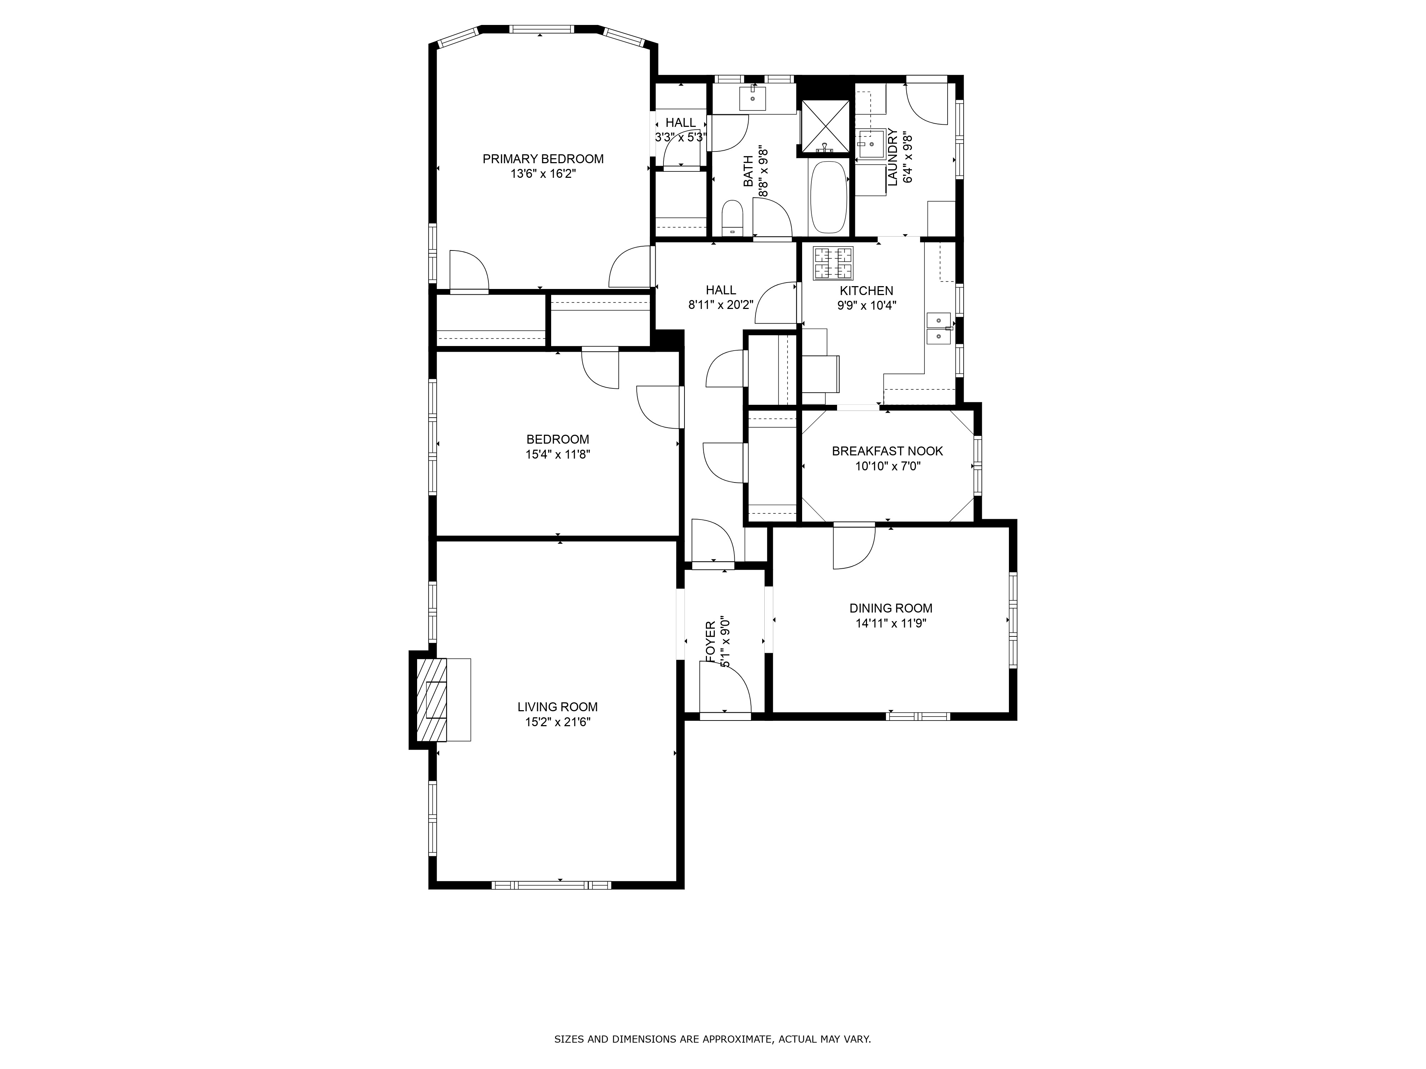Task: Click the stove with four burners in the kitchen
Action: [x=833, y=264]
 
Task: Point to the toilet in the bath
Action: [x=732, y=219]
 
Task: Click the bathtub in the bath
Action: [x=829, y=197]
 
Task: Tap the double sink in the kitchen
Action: [x=939, y=328]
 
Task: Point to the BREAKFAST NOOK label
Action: [x=887, y=451]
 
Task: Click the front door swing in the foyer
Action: [x=727, y=690]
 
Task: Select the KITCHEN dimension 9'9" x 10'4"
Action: [x=866, y=306]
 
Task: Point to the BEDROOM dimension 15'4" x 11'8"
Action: [x=558, y=454]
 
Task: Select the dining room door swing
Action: [x=852, y=548]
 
